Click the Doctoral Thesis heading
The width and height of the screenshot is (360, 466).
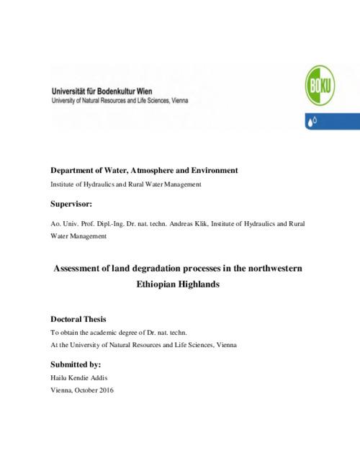(80, 318)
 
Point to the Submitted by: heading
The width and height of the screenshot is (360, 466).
(76, 364)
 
